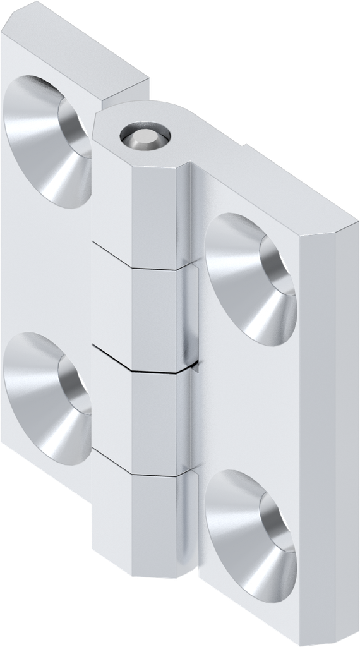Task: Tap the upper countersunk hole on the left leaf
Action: point(47,142)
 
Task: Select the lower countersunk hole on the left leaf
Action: point(47,398)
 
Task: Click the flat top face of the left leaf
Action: point(76,47)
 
